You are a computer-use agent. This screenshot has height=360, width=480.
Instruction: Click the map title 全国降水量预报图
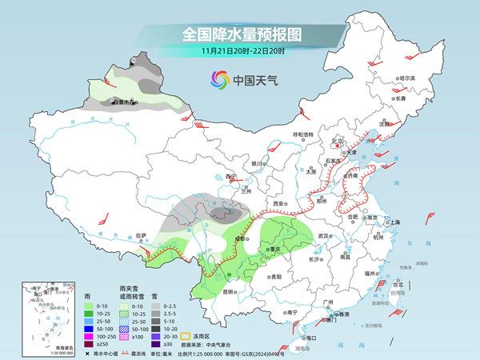[239, 35]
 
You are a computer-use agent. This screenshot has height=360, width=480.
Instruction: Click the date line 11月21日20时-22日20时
[239, 51]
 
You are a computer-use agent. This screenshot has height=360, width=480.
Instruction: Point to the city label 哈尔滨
[408, 78]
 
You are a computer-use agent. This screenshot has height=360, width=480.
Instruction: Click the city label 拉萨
[142, 235]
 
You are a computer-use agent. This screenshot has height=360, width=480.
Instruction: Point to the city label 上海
[394, 222]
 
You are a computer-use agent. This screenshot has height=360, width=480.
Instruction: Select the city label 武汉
[324, 237]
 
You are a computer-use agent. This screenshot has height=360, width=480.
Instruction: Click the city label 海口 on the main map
[313, 338]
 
